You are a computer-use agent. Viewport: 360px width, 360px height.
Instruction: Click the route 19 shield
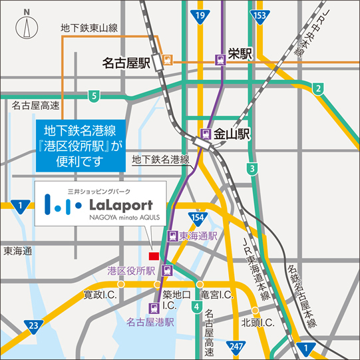pos(200,15)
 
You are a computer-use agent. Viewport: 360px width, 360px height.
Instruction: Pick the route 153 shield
pos(260,15)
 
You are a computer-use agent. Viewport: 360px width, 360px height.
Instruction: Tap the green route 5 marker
pos(94,96)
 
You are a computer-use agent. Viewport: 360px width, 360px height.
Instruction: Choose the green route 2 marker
pos(318,89)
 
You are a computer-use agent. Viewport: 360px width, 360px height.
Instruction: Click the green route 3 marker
pos(252,169)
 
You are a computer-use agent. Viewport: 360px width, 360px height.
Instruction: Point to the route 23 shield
pos(33,325)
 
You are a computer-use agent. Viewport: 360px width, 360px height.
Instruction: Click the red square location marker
pos(154,256)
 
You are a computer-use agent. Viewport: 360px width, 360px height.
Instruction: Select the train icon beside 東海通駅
pos(172,236)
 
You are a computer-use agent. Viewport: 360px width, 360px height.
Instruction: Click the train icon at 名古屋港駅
pos(154,307)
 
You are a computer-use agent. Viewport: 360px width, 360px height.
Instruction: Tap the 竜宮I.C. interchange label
pos(216,294)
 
